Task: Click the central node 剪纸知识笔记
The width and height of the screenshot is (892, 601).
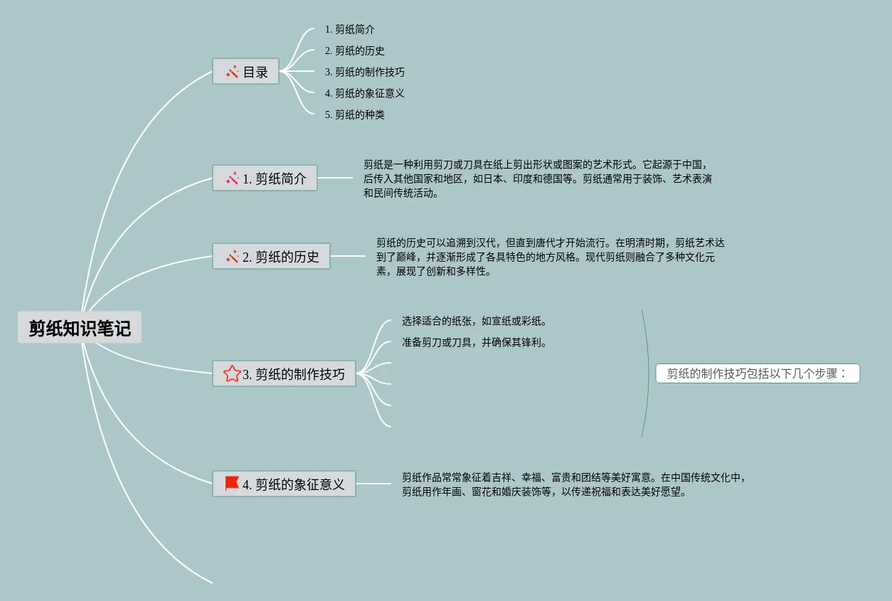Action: (80, 328)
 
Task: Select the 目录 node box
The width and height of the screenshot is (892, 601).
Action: (246, 72)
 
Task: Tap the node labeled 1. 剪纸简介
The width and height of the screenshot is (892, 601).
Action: (265, 179)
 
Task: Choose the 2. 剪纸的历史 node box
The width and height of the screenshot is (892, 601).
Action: (272, 257)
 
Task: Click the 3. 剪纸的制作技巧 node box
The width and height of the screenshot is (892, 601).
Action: (285, 374)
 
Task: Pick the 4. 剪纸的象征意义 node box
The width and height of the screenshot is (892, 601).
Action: (285, 484)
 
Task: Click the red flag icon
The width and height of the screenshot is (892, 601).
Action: (232, 484)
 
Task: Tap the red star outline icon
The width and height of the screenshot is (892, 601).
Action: (231, 373)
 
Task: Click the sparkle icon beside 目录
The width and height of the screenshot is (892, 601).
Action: (232, 72)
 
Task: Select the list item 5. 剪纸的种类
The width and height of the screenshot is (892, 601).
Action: (355, 115)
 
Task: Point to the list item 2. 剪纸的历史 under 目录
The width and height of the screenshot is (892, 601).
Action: (355, 50)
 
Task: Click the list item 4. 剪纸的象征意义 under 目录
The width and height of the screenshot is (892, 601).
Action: (365, 93)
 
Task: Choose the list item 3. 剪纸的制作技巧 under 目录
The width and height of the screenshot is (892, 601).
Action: (365, 72)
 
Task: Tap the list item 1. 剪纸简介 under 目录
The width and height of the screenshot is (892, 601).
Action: (350, 29)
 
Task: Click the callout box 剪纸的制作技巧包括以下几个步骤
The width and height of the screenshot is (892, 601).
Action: (758, 373)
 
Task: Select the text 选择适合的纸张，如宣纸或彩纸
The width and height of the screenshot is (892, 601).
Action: (474, 321)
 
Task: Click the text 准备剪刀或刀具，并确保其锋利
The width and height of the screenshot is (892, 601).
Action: (474, 342)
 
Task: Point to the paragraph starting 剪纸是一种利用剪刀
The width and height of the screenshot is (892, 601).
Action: (537, 179)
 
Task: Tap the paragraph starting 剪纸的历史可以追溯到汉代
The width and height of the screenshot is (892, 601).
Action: (550, 257)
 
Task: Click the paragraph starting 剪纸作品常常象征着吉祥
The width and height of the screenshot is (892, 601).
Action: (573, 484)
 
